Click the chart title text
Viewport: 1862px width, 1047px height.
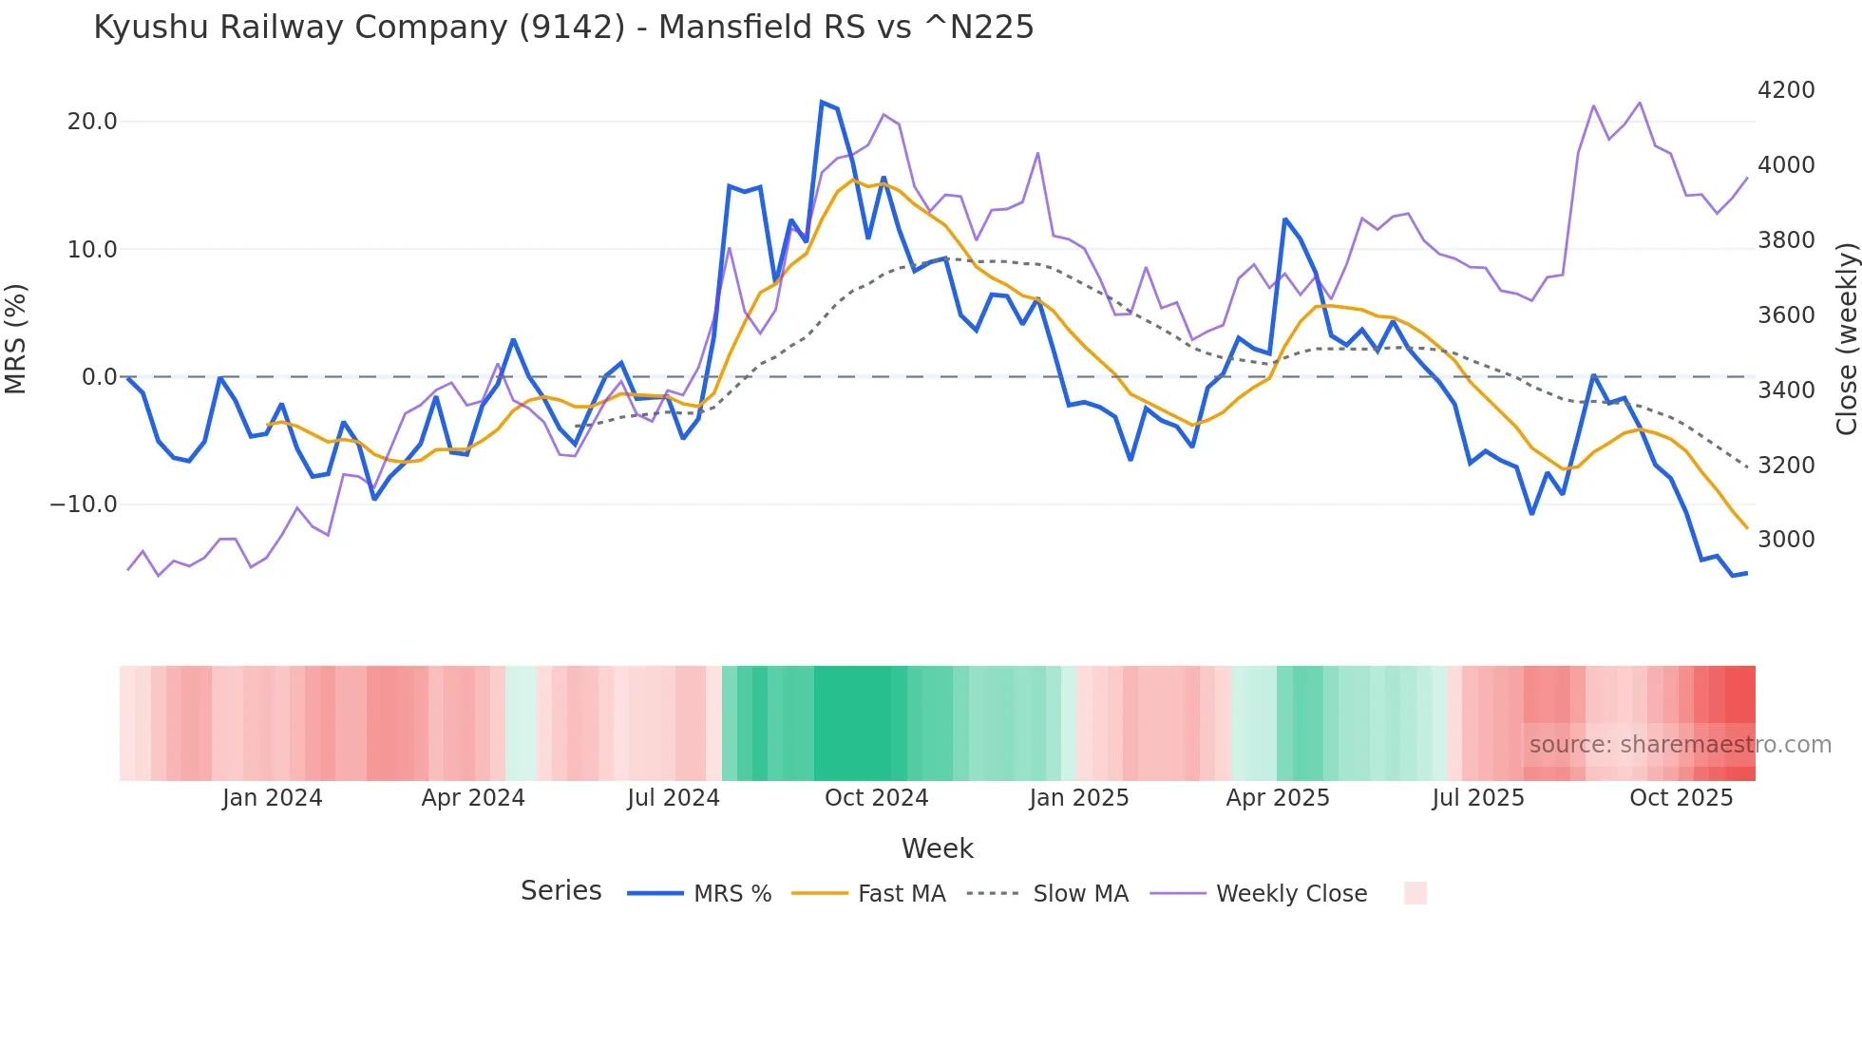pyautogui.click(x=563, y=28)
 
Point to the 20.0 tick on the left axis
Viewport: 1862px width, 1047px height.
pyautogui.click(x=92, y=122)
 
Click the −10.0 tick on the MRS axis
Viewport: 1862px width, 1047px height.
pyautogui.click(x=85, y=504)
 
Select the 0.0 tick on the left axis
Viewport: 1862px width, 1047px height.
pyautogui.click(x=100, y=377)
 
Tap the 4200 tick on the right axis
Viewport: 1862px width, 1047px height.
pyautogui.click(x=1786, y=90)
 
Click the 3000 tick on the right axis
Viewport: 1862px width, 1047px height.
pyautogui.click(x=1786, y=540)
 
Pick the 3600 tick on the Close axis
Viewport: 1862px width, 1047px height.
pyautogui.click(x=1786, y=315)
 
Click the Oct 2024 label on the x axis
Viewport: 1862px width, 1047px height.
pyautogui.click(x=876, y=798)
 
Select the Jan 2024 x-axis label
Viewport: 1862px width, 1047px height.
pyautogui.click(x=273, y=798)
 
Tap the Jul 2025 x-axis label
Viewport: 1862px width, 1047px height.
pyautogui.click(x=1478, y=798)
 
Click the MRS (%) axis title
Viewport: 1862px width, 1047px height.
pyautogui.click(x=16, y=339)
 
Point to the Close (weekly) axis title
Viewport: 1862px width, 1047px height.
pyautogui.click(x=1846, y=339)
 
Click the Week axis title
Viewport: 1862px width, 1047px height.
pyautogui.click(x=937, y=848)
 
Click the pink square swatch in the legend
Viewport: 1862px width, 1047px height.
pyautogui.click(x=1415, y=893)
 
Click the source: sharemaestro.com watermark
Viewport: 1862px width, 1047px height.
pyautogui.click(x=1680, y=745)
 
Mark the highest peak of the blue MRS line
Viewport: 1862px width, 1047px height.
pyautogui.click(x=822, y=102)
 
